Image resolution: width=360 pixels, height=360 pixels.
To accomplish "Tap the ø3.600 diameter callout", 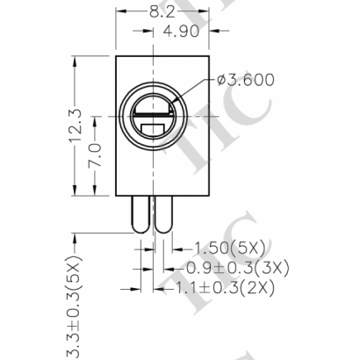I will point(245,80).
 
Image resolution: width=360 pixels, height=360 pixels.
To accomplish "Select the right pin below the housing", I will point(165,215).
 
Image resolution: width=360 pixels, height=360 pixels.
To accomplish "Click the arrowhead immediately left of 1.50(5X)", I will point(172,248).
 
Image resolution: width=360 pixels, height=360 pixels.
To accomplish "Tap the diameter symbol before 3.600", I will point(220,80).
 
